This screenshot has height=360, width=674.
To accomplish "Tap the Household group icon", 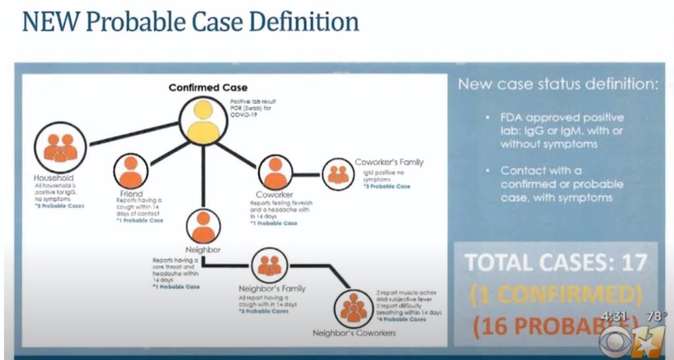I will point(60,149).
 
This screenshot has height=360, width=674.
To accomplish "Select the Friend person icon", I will point(131,171).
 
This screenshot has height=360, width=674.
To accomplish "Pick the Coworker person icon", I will point(275,172).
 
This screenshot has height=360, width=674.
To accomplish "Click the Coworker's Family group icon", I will point(338,174).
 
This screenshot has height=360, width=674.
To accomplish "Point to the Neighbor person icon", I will point(203,226).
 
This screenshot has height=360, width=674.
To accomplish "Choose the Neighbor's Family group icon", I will point(271,265).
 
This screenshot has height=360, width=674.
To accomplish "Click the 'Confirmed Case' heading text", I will point(199,88).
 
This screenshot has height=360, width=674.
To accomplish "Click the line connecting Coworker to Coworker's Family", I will point(307,174).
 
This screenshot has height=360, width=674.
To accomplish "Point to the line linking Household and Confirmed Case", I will point(135,132).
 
